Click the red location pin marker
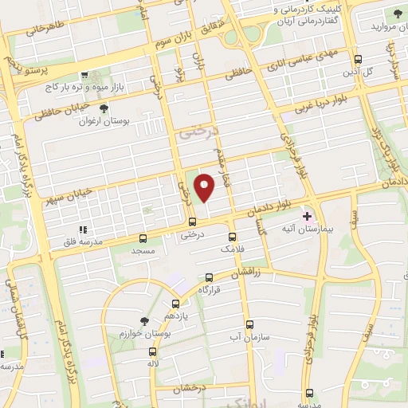coord(206,187)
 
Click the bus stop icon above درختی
coord(191,222)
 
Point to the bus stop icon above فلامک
coord(232,237)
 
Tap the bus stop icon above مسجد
coord(143,237)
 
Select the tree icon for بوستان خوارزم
coord(143,320)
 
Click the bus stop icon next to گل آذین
coord(358,59)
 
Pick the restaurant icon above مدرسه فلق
coord(84,230)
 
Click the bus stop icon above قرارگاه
coord(209,278)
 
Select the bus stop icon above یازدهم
coord(177,304)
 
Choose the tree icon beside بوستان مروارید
coord(398,14)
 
